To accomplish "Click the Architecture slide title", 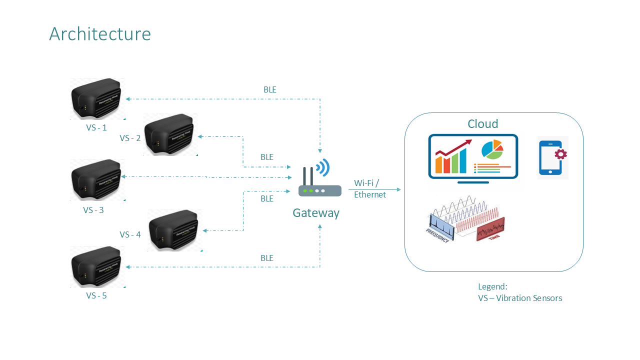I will pos(100,34).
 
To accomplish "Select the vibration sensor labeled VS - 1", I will pos(97,99).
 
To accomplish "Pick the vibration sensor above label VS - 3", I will pos(97,180).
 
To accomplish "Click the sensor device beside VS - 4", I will pos(175,230).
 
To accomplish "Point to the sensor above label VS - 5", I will pos(97,266).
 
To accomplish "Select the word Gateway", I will pos(316,213).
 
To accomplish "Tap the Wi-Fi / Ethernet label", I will pos(370,188).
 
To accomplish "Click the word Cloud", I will pos(482,124).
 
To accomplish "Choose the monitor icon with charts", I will pos(473,158).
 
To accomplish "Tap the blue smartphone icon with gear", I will pos(552,157).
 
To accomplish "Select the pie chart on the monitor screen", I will pos(491,149).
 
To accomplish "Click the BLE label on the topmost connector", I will pos(269,90).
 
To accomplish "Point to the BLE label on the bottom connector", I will pos(267,258).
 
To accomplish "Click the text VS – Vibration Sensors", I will pos(520,298).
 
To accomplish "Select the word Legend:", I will pos(492,286).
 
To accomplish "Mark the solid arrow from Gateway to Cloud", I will pos(374,189).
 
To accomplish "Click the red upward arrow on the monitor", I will pos(453,147).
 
